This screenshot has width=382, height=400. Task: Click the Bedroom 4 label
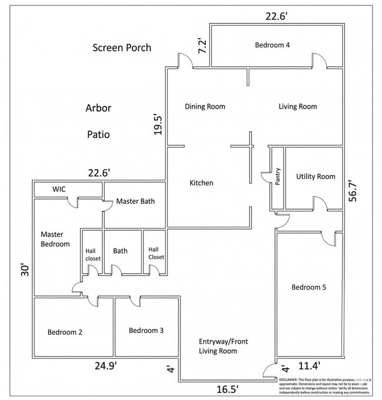coord(273,45)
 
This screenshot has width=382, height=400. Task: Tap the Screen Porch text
coord(122,48)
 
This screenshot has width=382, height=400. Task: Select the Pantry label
coord(277,177)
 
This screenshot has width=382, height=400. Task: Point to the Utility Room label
coord(316,176)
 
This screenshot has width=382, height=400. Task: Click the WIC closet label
coord(59,189)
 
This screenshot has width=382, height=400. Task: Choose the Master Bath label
coord(135,201)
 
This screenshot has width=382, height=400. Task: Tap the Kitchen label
coord(201,183)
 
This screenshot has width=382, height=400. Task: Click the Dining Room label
coord(205,106)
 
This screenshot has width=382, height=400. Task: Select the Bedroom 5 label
coord(309,287)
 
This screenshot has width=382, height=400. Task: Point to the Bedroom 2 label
coord(65,332)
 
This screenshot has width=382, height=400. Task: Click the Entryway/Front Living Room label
coord(218,346)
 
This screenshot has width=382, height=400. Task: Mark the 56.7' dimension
coord(353,191)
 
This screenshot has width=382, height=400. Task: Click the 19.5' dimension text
coord(158,124)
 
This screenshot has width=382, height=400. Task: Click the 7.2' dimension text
coord(202,46)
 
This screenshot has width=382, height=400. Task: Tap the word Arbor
coord(98,108)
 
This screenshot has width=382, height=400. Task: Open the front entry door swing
coord(270,371)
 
